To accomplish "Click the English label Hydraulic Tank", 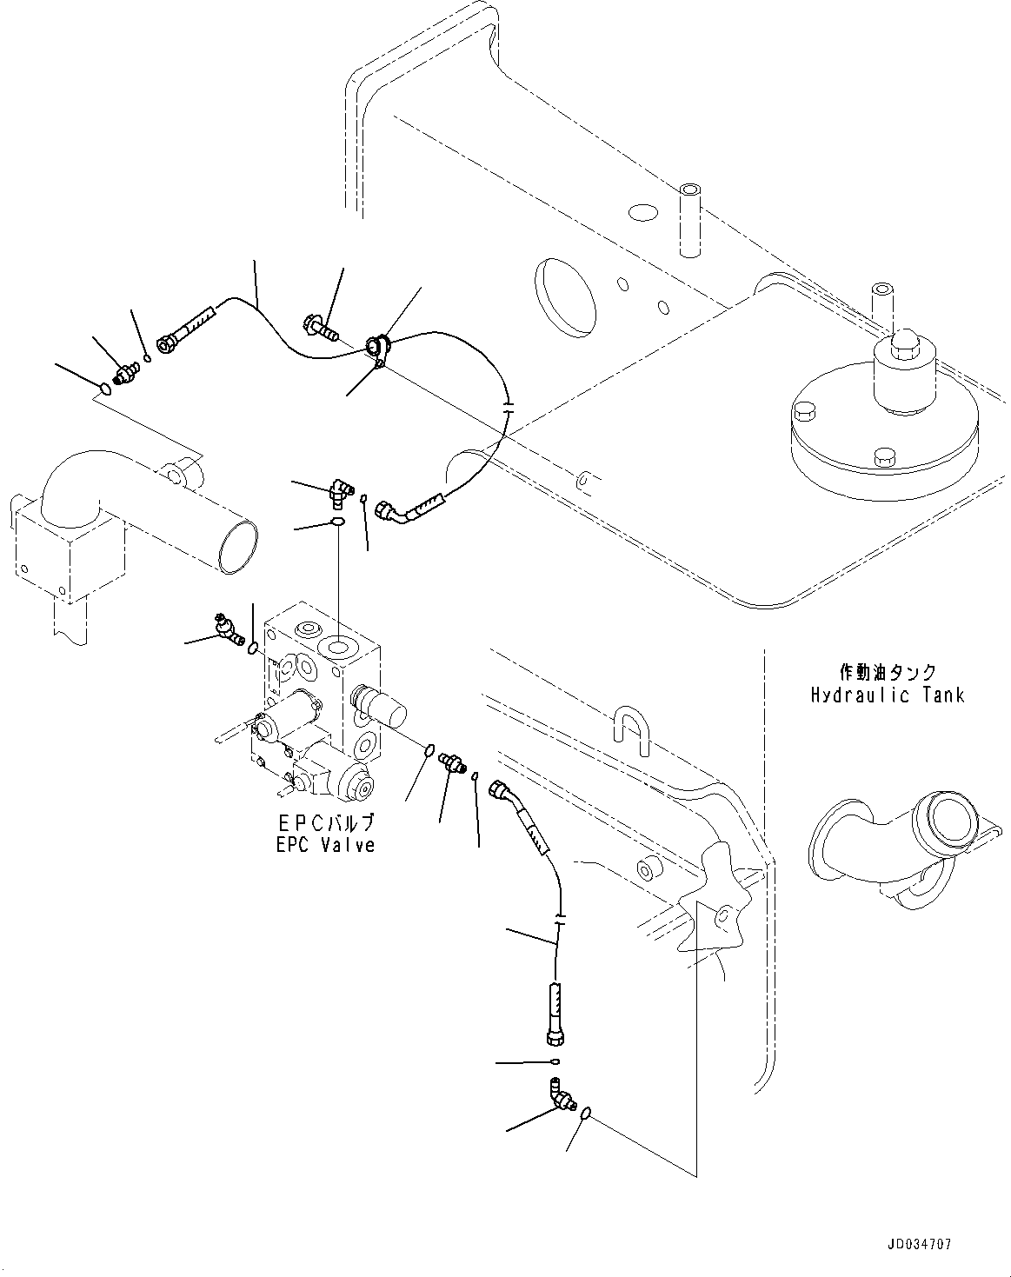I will [x=888, y=695].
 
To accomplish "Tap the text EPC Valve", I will [x=325, y=844].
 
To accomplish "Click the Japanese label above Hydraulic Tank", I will [x=888, y=672].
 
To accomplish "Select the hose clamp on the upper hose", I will [x=379, y=348].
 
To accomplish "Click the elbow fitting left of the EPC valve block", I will [x=228, y=630].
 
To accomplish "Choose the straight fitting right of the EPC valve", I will [x=452, y=762].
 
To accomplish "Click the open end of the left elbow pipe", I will [x=238, y=549].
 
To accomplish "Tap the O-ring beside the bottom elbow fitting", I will [x=587, y=1113].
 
